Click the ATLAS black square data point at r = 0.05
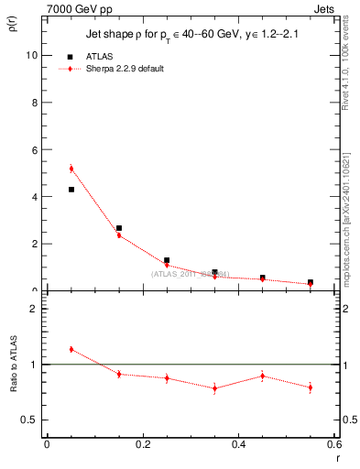tap(71, 190)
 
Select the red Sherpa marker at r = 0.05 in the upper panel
tap(71, 169)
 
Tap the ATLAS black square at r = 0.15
tap(119, 228)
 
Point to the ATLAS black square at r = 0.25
tap(167, 261)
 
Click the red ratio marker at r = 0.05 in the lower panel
tap(71, 349)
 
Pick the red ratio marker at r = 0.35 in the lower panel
tap(214, 388)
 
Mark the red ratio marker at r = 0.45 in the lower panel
tap(262, 376)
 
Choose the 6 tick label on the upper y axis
tap(34, 149)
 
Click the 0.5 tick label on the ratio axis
tap(28, 420)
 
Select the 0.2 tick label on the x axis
tap(143, 444)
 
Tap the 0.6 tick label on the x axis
tap(334, 444)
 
